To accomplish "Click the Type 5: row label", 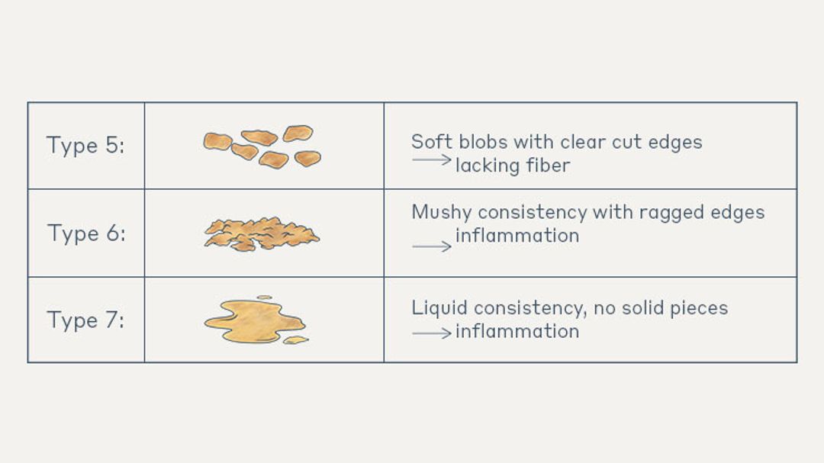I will (85, 145).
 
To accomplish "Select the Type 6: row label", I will (85, 233).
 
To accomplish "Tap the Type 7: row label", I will (85, 320).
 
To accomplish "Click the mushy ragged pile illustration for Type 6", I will (262, 233).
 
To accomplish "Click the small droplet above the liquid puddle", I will (264, 297).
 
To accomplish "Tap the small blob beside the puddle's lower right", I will (295, 340).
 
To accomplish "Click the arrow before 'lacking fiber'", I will (431, 160).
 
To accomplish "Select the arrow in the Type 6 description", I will (431, 246).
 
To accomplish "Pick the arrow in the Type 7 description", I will (431, 333).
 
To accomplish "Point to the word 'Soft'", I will (430, 142).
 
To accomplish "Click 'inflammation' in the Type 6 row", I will (517, 236).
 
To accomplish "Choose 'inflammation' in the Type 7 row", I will (517, 331).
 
